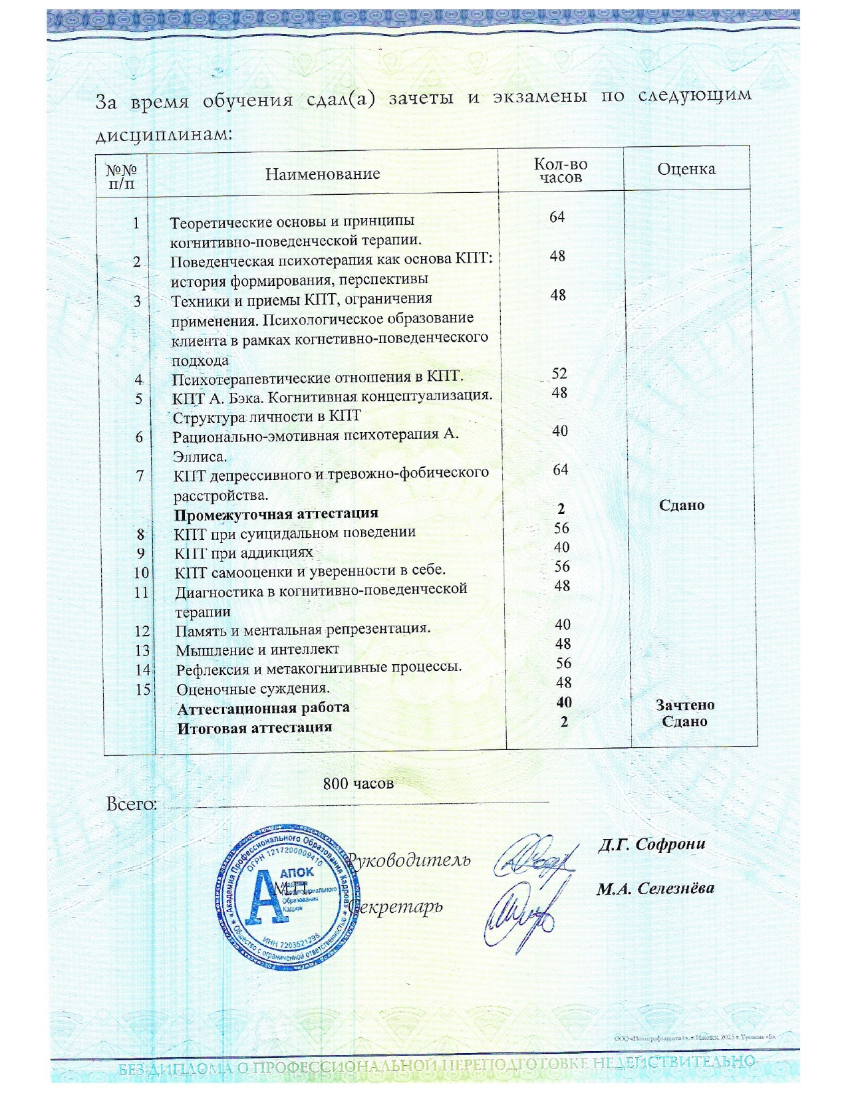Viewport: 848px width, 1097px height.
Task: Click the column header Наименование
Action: coord(323,174)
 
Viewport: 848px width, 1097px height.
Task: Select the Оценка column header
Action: coord(686,169)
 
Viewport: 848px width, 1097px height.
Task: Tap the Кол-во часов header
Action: coord(560,171)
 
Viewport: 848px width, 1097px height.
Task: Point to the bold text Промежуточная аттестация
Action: coord(276,513)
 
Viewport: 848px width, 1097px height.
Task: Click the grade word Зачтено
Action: coord(685,705)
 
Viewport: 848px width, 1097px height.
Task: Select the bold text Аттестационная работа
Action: coord(263,708)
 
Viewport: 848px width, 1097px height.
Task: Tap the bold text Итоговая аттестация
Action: coord(255,727)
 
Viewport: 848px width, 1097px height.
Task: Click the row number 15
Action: coord(143,689)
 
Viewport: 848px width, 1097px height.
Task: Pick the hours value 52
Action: coord(559,374)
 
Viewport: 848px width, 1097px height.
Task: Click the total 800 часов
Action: coord(358,784)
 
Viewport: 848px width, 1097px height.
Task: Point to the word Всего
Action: coord(132,804)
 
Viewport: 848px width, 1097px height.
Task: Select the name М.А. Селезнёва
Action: coord(655,888)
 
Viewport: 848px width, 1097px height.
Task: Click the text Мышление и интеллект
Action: coord(257,649)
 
